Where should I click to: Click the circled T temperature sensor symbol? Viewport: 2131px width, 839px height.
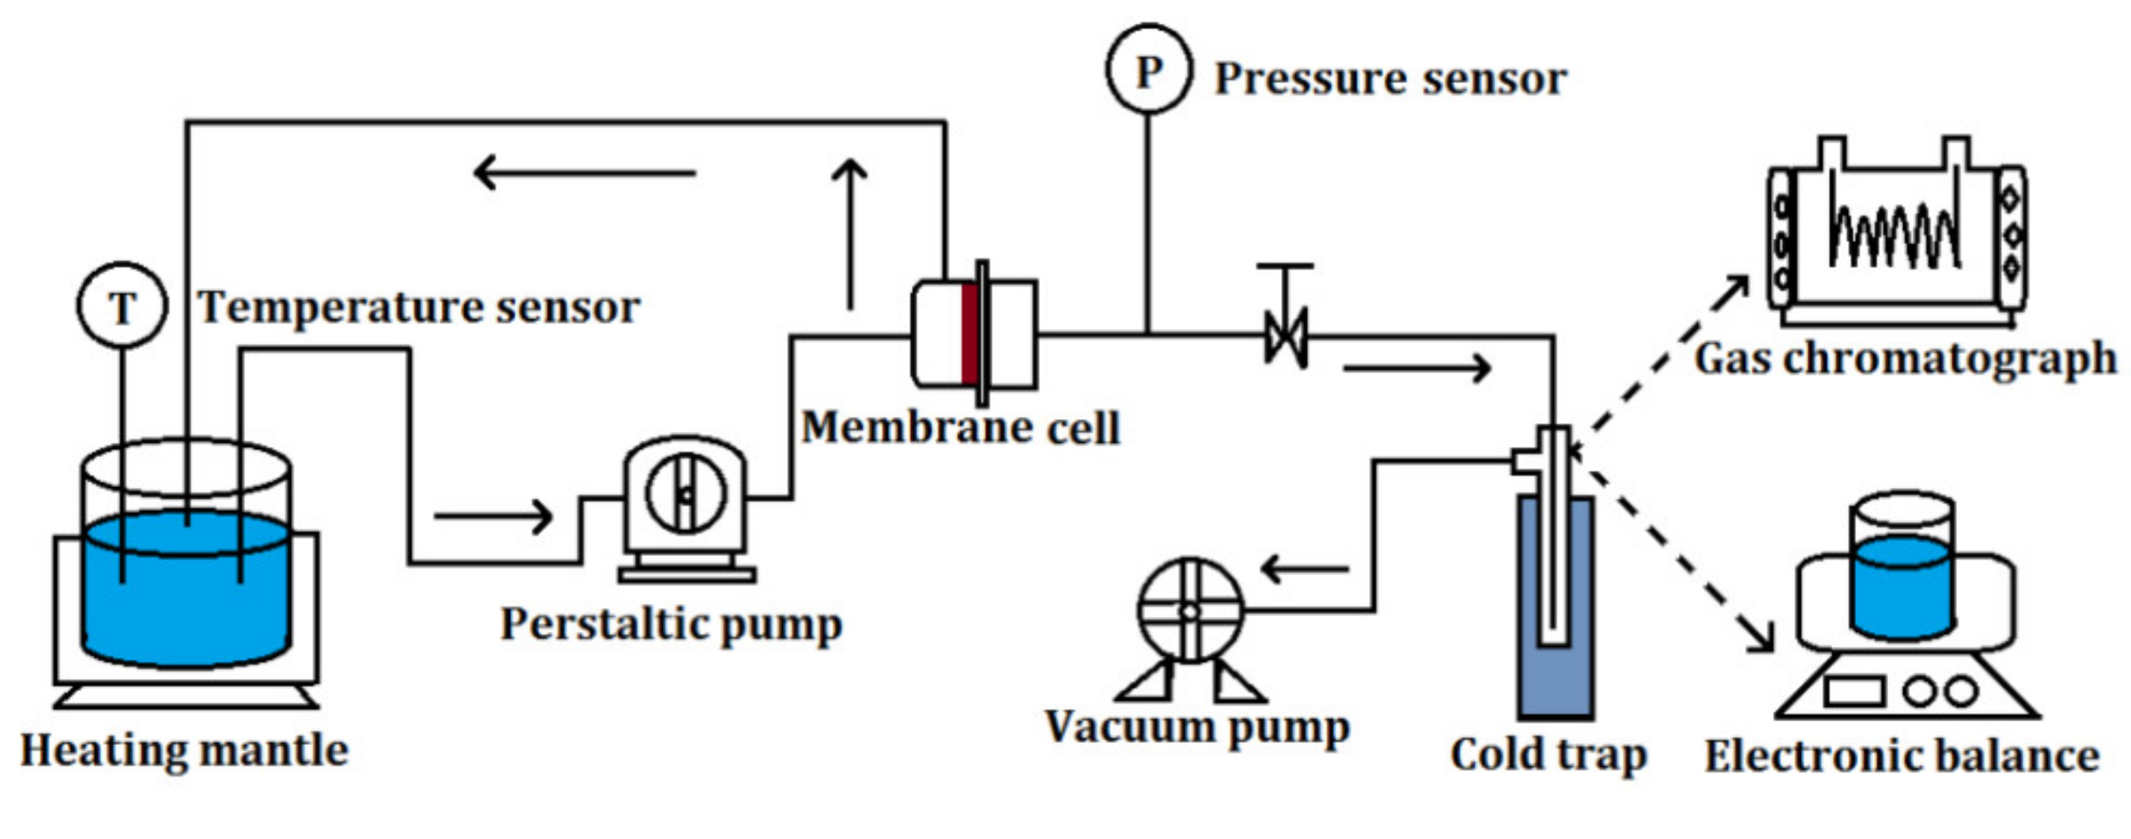click(x=123, y=305)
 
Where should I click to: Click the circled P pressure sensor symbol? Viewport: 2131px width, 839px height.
click(x=1148, y=70)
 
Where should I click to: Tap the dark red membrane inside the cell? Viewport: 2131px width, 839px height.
click(x=969, y=334)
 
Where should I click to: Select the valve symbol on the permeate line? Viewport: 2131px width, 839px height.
click(x=1286, y=337)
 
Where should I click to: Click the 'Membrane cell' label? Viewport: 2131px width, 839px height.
click(x=960, y=429)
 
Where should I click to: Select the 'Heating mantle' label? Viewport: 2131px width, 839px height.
click(x=183, y=751)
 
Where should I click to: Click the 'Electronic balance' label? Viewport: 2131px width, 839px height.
click(x=1902, y=756)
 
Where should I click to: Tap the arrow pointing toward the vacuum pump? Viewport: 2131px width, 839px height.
click(x=1305, y=569)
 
